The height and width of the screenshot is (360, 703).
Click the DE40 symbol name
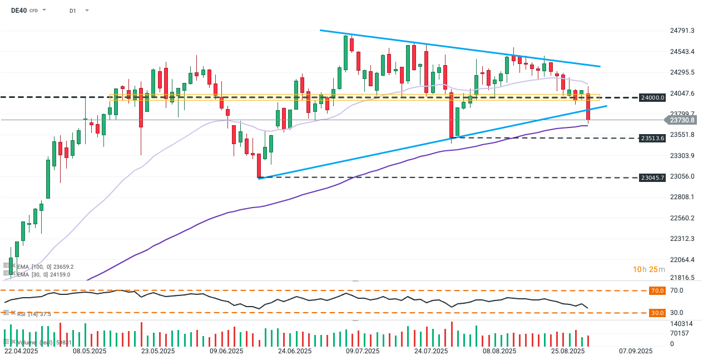click(x=19, y=10)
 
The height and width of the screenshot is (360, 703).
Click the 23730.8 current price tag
click(x=683, y=120)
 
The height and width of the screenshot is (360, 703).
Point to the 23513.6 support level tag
click(x=652, y=138)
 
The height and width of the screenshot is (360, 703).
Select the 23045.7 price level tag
click(x=652, y=177)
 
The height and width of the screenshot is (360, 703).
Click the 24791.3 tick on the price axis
click(x=682, y=31)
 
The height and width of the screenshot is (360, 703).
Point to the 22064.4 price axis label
click(x=682, y=260)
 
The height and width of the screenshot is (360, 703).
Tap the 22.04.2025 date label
click(x=21, y=351)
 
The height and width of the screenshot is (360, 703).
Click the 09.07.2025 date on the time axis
click(x=363, y=351)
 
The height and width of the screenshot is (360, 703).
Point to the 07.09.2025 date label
click(x=636, y=351)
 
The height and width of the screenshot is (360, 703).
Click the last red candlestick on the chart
click(x=588, y=107)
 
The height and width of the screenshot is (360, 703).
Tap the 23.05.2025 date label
click(x=158, y=351)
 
